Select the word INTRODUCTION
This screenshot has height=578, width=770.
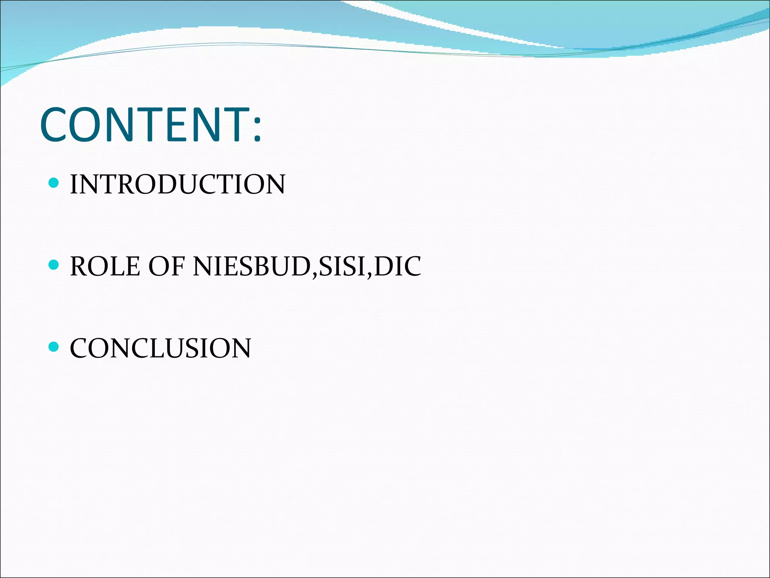coord(177,184)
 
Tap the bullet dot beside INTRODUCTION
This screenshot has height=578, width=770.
coord(54,183)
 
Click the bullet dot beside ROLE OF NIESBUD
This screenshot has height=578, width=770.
coord(54,265)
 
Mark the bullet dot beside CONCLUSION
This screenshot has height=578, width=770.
coord(54,347)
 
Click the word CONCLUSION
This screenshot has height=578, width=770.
coord(161,348)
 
